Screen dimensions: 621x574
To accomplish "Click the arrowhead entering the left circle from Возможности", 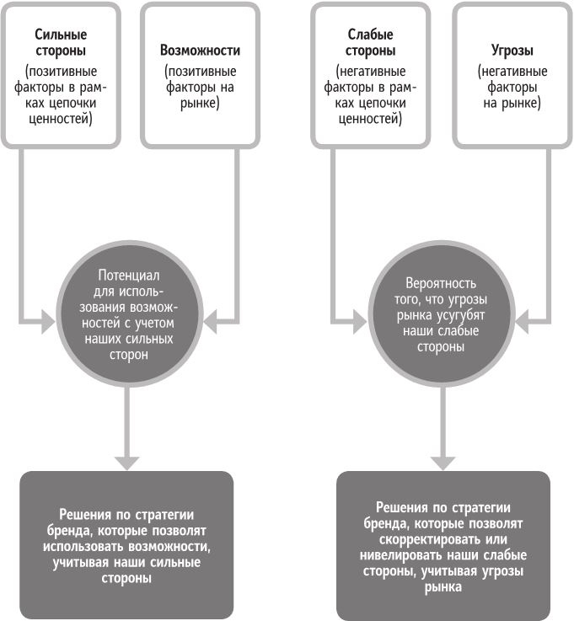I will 212,319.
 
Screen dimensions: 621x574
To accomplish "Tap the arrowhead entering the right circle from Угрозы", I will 523,319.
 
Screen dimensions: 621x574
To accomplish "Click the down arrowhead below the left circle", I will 126,462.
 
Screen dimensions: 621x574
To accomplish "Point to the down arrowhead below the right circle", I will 441,462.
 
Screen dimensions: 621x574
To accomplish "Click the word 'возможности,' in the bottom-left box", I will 172,546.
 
